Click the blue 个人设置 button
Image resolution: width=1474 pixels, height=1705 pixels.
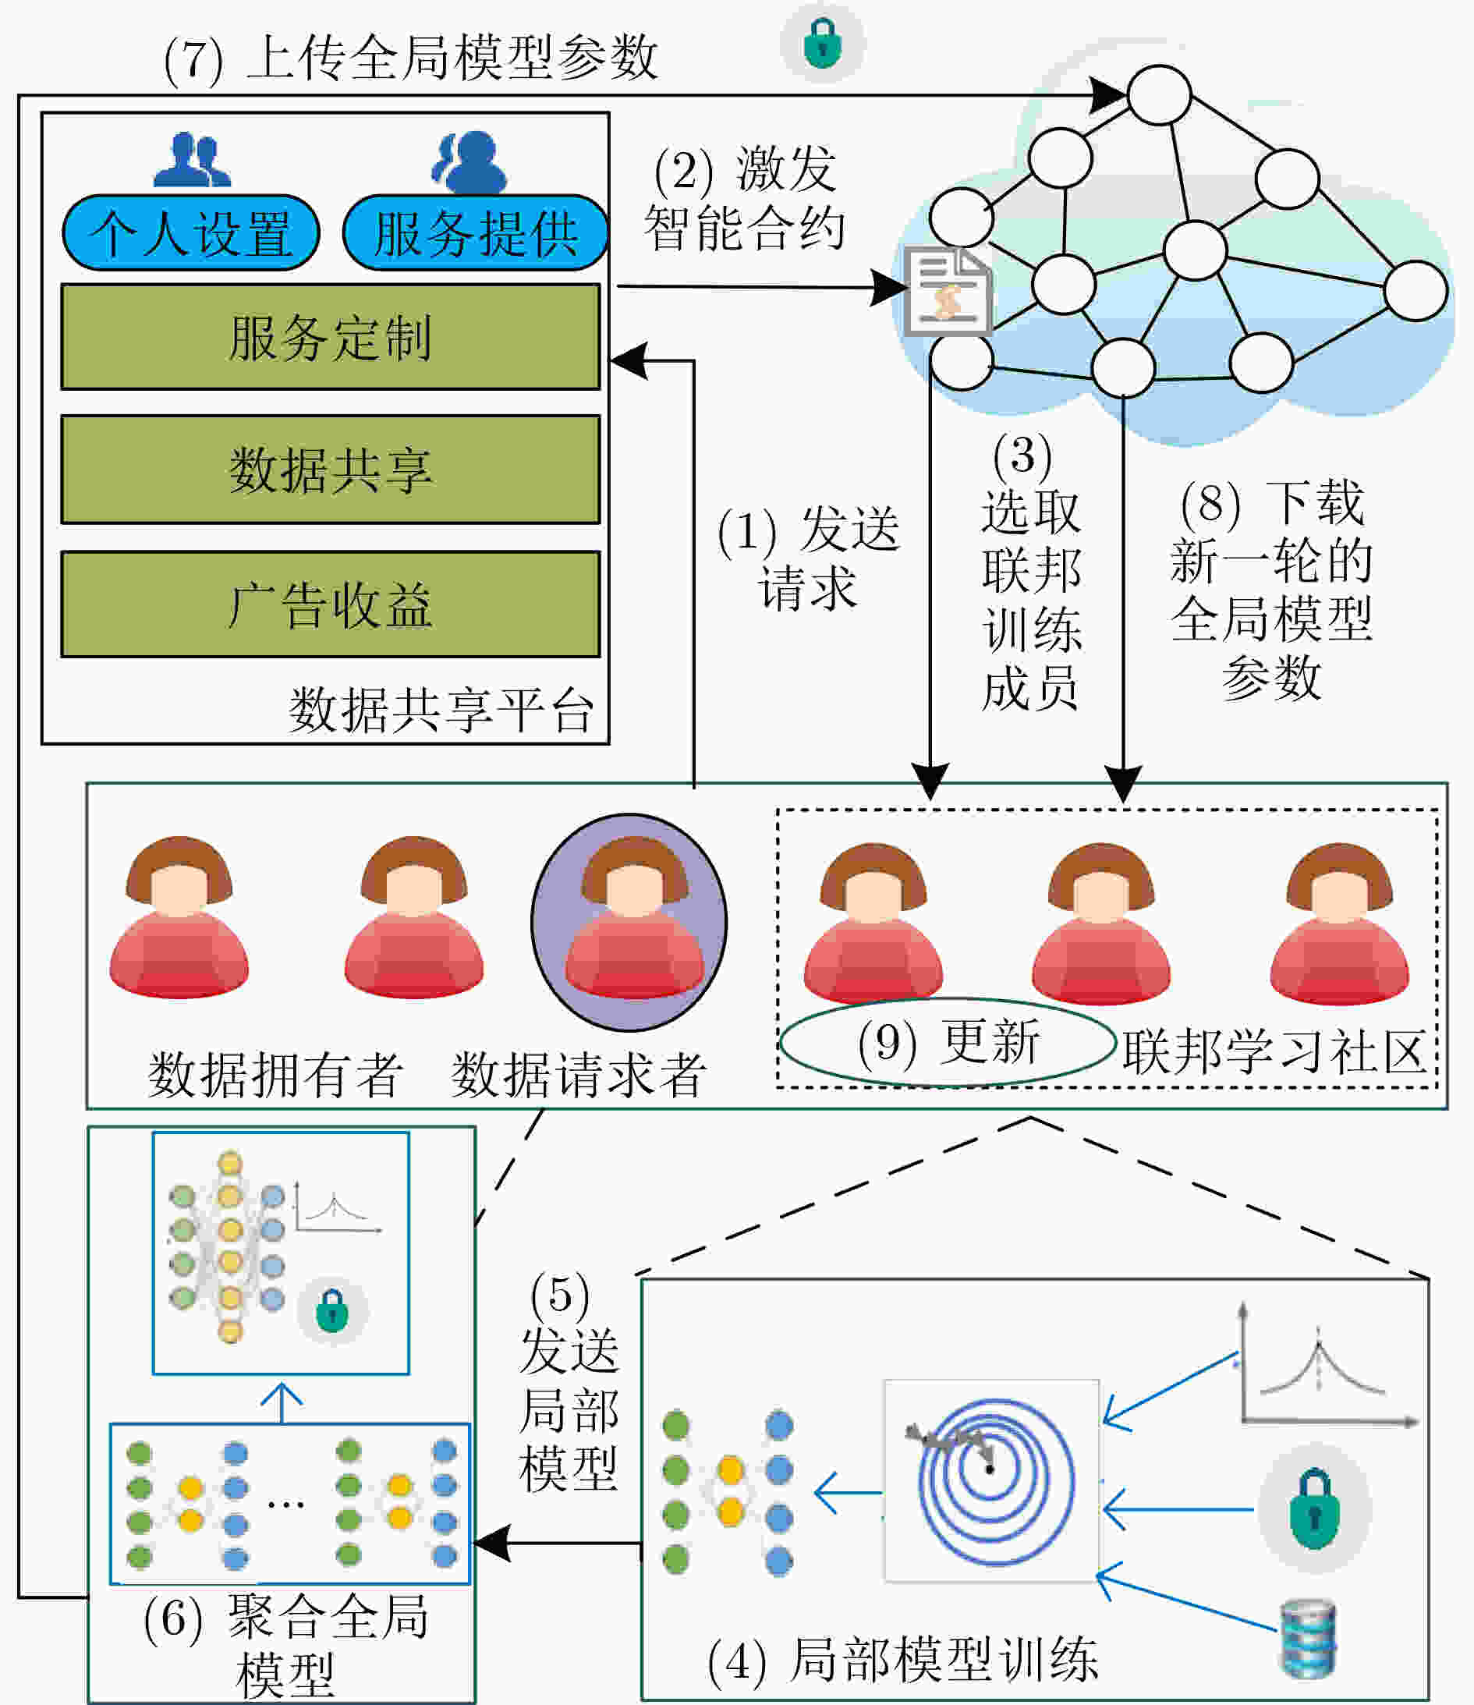(191, 233)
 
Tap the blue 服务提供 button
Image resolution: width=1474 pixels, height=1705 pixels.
(475, 233)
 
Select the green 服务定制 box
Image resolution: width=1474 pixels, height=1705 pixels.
(331, 337)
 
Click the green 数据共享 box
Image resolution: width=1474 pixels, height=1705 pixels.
(331, 469)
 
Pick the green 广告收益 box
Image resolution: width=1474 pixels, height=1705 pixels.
(331, 604)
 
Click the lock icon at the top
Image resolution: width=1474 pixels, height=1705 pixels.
(822, 43)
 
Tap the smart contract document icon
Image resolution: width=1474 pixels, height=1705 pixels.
(949, 292)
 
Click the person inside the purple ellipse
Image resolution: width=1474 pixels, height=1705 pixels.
(634, 917)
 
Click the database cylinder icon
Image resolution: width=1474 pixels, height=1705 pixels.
(1309, 1639)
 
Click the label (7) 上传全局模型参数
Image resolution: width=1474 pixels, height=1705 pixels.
(411, 58)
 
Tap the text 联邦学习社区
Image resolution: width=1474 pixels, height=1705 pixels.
(1274, 1051)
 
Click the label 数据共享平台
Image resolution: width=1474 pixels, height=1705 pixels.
(441, 709)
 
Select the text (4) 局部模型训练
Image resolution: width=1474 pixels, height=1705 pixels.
(903, 1657)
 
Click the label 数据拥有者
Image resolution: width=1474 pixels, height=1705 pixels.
(275, 1074)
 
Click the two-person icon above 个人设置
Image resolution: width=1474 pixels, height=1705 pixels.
(193, 160)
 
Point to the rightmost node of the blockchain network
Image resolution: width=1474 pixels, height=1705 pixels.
(1416, 290)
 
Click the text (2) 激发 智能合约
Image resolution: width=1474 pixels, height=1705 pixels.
(744, 197)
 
